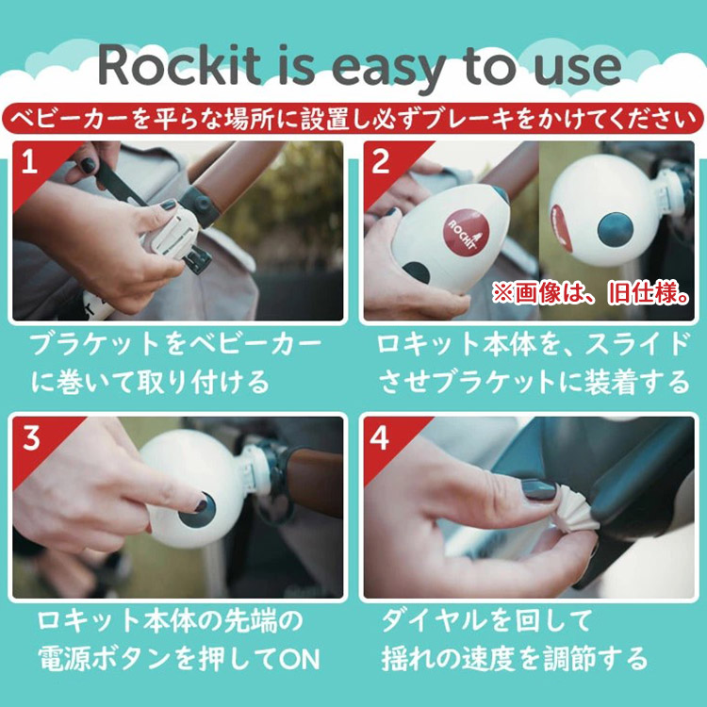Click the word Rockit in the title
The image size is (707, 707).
[180, 65]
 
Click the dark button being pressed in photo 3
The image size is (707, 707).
[198, 511]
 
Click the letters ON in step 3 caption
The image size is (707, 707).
[300, 659]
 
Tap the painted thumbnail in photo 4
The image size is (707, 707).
[539, 489]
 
